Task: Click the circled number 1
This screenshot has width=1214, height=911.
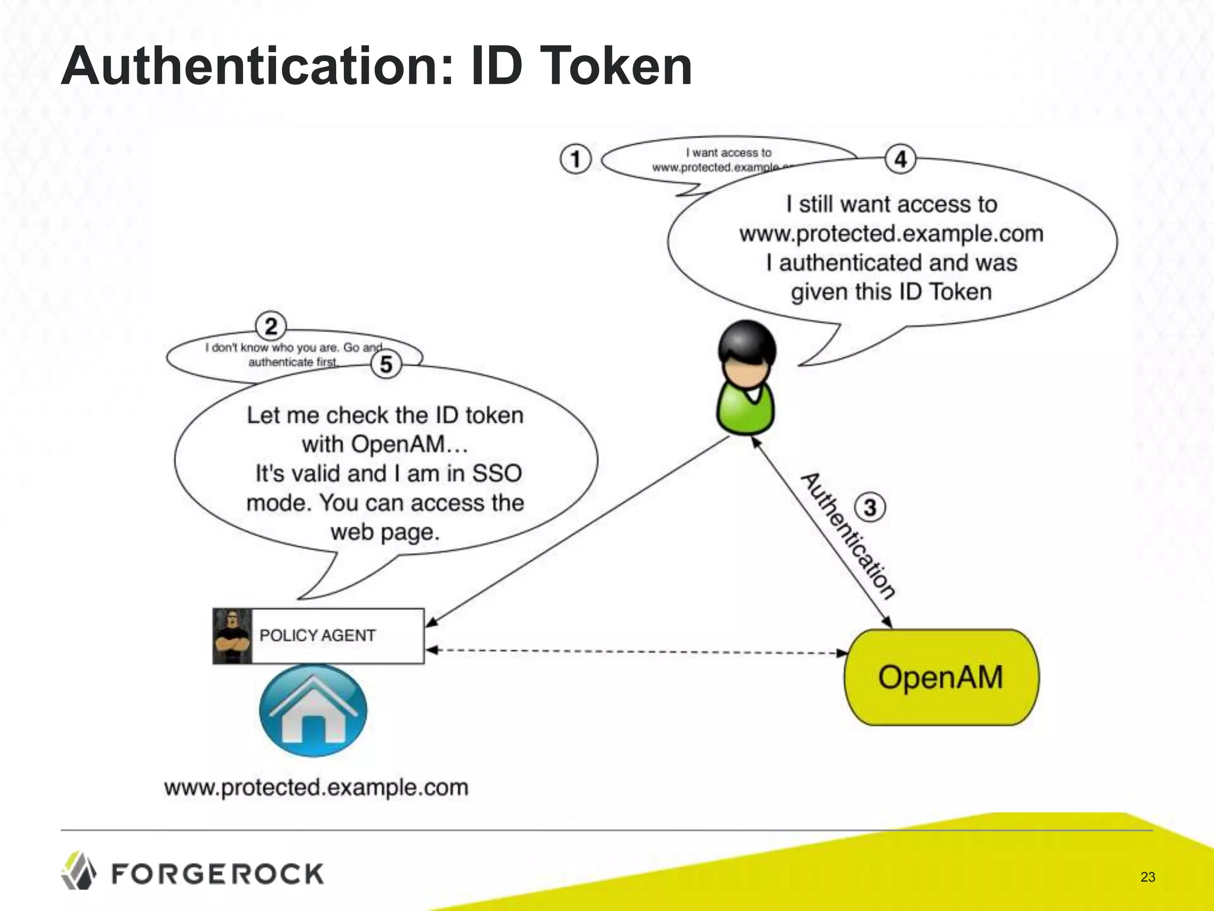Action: click(575, 159)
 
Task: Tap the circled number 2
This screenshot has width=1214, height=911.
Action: click(271, 327)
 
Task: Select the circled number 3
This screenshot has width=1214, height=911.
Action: click(870, 508)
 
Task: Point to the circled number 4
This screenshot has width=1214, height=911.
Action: click(900, 159)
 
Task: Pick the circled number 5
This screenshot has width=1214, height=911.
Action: click(386, 364)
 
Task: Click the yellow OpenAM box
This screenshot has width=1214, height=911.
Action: click(941, 677)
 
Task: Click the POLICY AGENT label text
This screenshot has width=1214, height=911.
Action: click(318, 636)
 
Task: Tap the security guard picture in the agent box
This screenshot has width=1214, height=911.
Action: click(232, 636)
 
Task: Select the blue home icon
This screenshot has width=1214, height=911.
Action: click(313, 711)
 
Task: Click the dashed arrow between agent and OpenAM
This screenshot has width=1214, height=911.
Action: click(634, 651)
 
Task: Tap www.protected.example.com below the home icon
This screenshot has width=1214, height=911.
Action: click(316, 788)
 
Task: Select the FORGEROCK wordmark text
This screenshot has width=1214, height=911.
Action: click(218, 874)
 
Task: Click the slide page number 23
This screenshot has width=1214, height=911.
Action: click(1148, 877)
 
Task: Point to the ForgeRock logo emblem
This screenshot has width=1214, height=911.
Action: click(78, 871)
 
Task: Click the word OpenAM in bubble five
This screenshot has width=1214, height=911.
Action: click(397, 444)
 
